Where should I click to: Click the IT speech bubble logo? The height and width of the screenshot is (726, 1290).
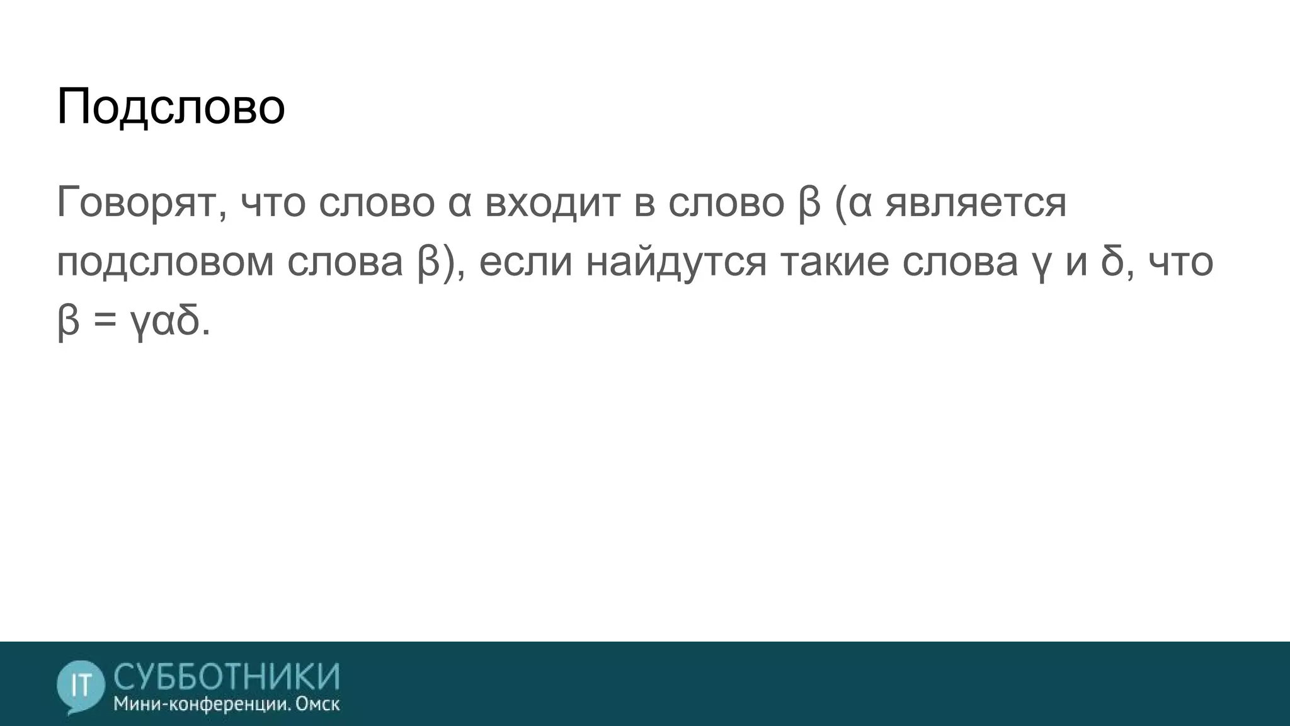pyautogui.click(x=80, y=686)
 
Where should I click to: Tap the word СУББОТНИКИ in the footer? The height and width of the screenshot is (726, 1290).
pyautogui.click(x=227, y=676)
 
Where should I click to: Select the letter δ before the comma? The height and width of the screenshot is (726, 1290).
pyautogui.click(x=1112, y=262)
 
